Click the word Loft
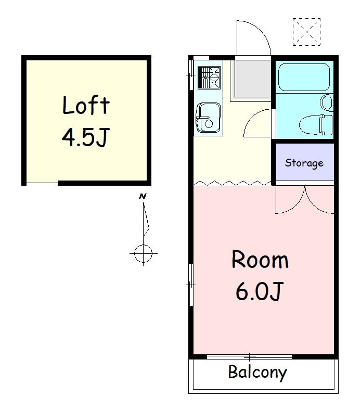86,105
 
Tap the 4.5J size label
85,137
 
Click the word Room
260,259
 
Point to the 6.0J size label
259,291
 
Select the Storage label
304,163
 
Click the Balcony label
257,372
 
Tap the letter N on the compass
143,196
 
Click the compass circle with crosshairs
143,253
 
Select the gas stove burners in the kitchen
209,78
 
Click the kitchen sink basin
209,118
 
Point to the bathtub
304,78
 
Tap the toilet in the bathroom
315,125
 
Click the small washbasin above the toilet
326,102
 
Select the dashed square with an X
306,32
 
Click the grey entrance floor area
253,79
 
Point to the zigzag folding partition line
233,183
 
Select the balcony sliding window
249,356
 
